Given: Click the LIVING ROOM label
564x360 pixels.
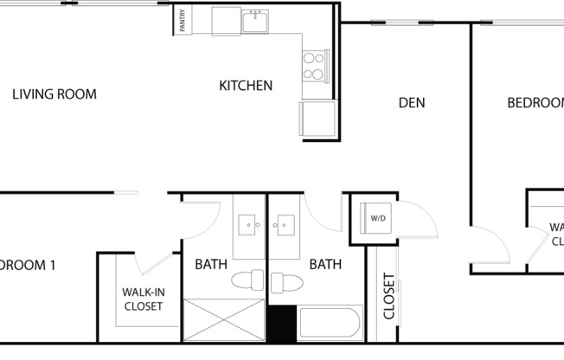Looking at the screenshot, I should [x=54, y=94].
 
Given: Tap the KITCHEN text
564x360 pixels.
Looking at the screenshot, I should [x=246, y=86].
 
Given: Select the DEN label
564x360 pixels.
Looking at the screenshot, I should [x=411, y=103].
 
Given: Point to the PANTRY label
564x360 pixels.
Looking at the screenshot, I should [x=183, y=21].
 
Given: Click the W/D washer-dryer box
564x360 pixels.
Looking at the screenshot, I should [x=378, y=217].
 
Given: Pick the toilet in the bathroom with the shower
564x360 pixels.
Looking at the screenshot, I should [x=247, y=282].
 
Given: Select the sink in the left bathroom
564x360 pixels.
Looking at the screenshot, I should [x=249, y=227].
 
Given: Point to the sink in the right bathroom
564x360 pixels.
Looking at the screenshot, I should [x=284, y=227].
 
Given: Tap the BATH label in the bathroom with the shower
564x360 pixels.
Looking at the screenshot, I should [x=210, y=264].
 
